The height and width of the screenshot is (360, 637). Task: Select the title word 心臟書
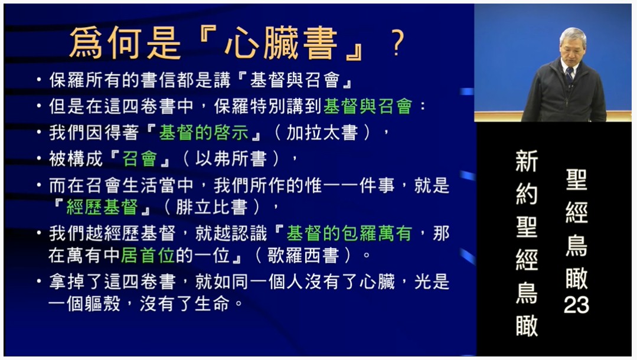(281, 43)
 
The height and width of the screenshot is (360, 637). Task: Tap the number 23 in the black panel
(576, 305)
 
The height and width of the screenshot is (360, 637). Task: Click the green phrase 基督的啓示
(204, 132)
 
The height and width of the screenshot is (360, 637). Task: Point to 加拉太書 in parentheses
(322, 132)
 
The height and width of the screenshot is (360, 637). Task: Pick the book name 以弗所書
(231, 159)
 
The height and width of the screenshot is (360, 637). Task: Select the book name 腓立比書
(212, 207)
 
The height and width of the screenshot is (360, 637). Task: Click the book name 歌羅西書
(303, 256)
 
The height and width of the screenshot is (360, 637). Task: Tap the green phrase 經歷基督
(102, 207)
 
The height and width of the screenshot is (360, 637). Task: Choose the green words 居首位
(148, 256)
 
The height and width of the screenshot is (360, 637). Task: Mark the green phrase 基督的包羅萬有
(349, 233)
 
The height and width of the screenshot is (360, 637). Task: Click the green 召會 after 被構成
(140, 159)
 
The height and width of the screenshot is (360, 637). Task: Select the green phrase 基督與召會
(368, 106)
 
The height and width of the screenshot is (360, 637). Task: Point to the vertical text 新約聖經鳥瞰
(527, 243)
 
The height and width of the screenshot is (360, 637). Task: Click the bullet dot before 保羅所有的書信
(39, 80)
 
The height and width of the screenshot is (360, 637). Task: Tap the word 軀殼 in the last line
(103, 304)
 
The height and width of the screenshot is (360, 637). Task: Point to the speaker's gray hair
(573, 37)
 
